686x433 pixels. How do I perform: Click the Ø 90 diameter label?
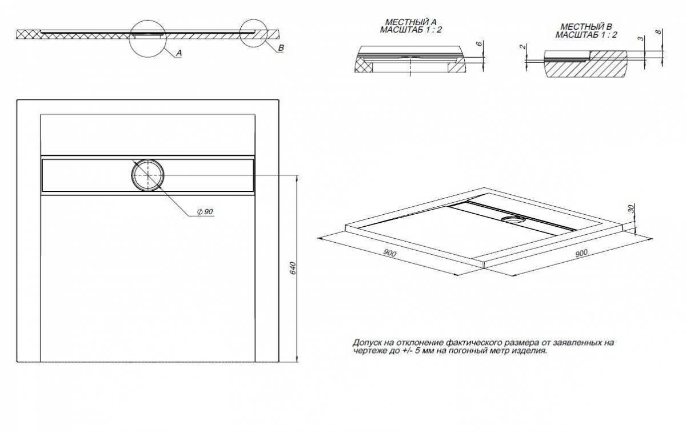tap(205, 212)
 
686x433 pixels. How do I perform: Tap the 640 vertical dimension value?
tap(292, 268)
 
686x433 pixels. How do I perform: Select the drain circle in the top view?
tap(148, 174)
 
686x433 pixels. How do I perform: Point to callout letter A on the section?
tap(179, 53)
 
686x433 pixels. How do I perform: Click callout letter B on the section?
tap(281, 47)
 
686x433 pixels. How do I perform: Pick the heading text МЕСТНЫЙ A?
tap(410, 22)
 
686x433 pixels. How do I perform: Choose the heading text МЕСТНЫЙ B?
tap(586, 27)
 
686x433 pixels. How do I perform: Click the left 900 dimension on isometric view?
tap(389, 253)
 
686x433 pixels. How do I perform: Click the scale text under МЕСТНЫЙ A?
tap(410, 30)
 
